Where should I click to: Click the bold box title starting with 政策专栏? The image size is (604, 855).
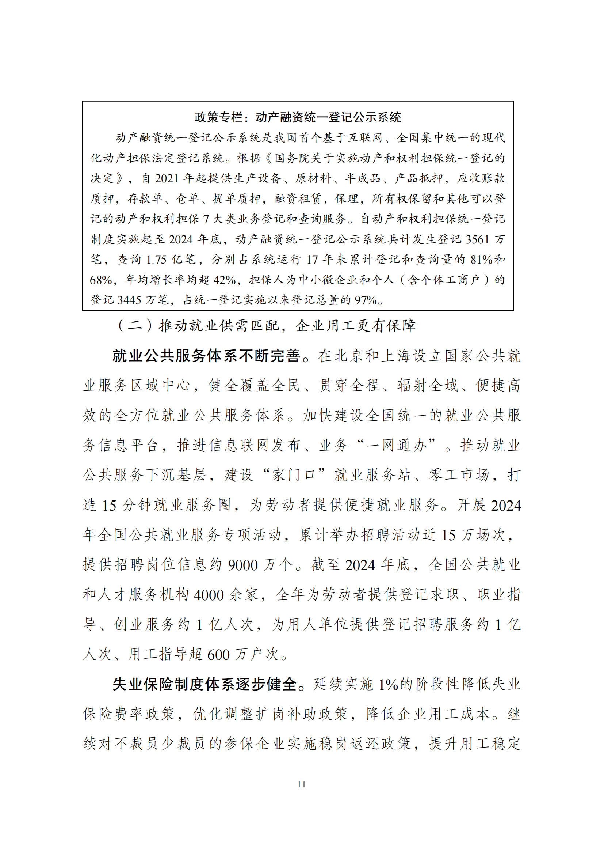pyautogui.click(x=298, y=117)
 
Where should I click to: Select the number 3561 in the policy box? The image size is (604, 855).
pyautogui.click(x=477, y=239)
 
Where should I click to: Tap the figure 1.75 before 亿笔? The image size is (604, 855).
pyautogui.click(x=156, y=260)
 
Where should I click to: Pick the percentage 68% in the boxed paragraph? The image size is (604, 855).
pyautogui.click(x=101, y=280)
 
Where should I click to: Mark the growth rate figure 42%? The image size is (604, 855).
pyautogui.click(x=224, y=280)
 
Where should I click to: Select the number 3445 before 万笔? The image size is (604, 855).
pyautogui.click(x=130, y=300)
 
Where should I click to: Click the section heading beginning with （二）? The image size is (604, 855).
pyautogui.click(x=266, y=325)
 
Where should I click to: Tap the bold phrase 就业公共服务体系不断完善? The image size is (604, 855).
pyautogui.click(x=206, y=356)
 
